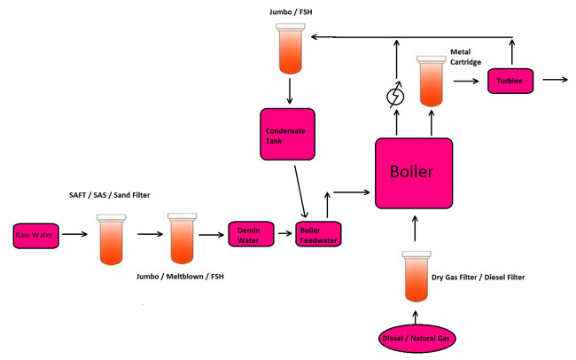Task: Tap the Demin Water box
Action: (249, 234)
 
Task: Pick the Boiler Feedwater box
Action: (317, 234)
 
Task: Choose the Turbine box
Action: (513, 82)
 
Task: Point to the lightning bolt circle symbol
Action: (395, 96)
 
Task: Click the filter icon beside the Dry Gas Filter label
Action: (414, 275)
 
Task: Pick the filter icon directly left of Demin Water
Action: (181, 239)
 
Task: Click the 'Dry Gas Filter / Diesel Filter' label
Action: (478, 278)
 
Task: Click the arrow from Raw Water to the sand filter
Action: (74, 235)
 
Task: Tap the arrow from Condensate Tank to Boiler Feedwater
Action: (302, 189)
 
